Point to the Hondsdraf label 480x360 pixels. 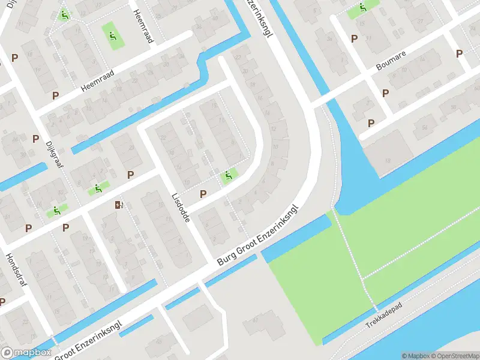pyautogui.click(x=15, y=269)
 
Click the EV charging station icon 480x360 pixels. pyautogui.click(x=119, y=205)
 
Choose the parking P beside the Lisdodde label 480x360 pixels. pyautogui.click(x=203, y=194)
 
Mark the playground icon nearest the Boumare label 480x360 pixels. pyautogui.click(x=363, y=8)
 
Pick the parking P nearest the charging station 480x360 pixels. pyautogui.click(x=131, y=175)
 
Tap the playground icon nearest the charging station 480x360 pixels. pyautogui.click(x=94, y=190)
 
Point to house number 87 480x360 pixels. pyautogui.click(x=254, y=320)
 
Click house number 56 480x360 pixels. pyautogui.click(x=424, y=127)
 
